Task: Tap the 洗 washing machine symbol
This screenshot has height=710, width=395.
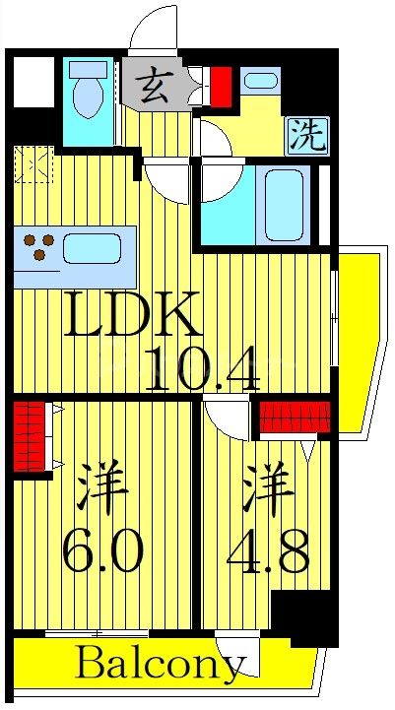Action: click(306, 136)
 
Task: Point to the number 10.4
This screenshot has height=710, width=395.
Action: click(202, 370)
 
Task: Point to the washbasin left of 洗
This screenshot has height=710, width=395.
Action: click(261, 83)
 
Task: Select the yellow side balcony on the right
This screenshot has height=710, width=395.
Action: click(357, 335)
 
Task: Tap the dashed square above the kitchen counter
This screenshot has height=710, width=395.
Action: click(33, 164)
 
